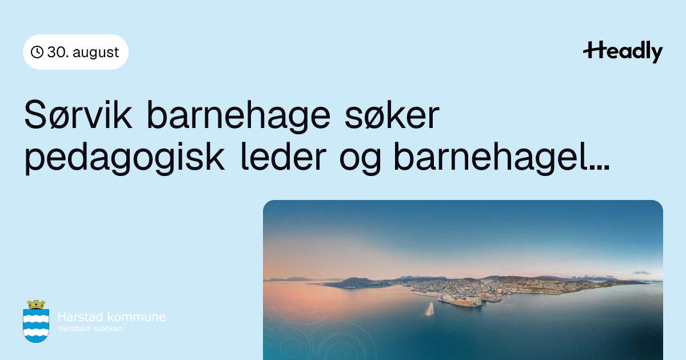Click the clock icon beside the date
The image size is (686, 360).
[x=37, y=52]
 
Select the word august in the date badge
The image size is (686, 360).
[x=96, y=53]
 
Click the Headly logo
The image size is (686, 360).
[x=623, y=51]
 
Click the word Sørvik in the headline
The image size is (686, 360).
[x=78, y=115]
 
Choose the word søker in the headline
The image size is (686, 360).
[x=392, y=115]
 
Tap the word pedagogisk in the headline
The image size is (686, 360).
[x=125, y=158]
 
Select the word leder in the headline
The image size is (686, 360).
[x=284, y=156]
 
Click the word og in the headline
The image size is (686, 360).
[x=360, y=161]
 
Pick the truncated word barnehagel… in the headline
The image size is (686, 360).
[x=502, y=158]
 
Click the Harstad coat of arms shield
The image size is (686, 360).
[x=36, y=325]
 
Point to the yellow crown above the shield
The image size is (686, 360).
[x=36, y=304]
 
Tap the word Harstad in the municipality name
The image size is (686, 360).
[x=80, y=317]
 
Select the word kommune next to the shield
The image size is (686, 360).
[x=136, y=317]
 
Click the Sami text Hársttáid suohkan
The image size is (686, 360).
[x=90, y=329]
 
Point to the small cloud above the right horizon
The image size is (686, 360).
[x=641, y=273]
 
